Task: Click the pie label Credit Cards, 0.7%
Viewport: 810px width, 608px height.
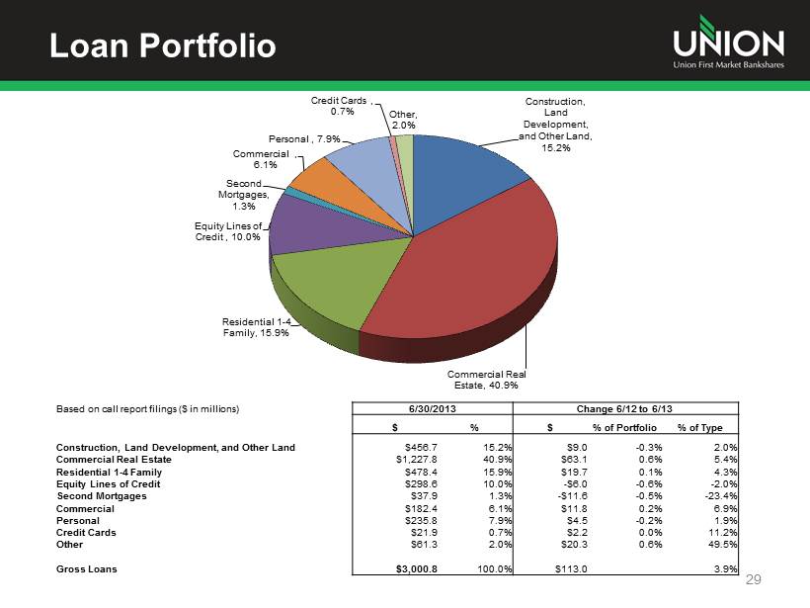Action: [341, 106]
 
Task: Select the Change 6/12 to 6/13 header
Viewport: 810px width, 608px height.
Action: [628, 408]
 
